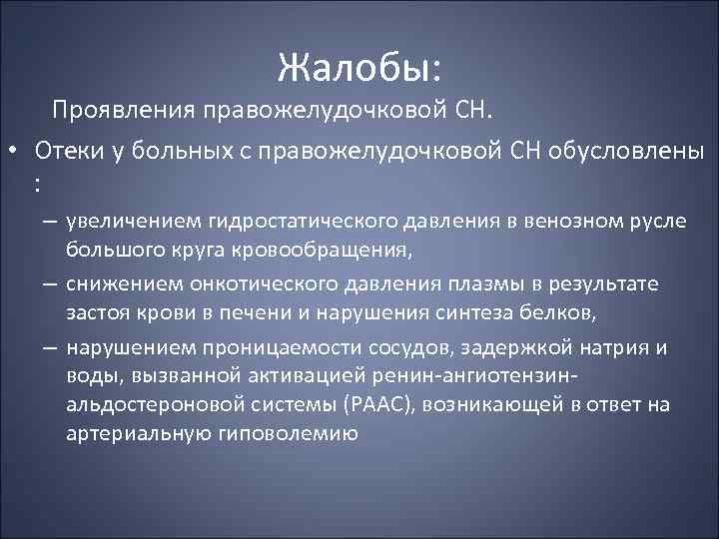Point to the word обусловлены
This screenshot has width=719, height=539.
621,151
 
